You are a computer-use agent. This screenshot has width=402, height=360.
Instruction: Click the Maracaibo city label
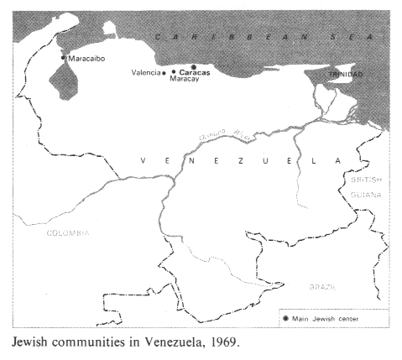pos(88,59)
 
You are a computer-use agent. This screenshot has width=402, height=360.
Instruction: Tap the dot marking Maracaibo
pos(64,58)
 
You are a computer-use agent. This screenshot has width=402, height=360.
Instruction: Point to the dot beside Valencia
pos(164,73)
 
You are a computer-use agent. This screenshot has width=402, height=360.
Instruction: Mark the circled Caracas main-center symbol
pos(194,66)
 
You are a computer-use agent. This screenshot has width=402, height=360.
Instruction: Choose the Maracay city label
pos(186,81)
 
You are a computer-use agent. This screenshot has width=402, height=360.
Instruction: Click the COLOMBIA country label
pos(66,232)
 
